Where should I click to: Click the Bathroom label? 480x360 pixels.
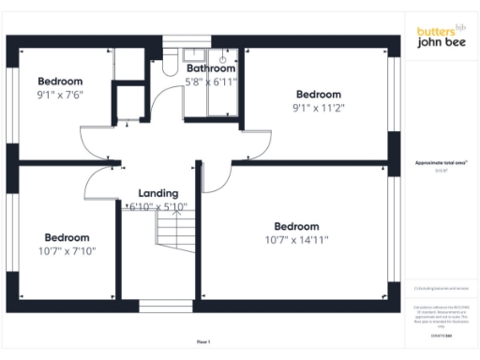click(x=210, y=68)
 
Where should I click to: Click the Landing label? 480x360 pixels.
click(x=144, y=193)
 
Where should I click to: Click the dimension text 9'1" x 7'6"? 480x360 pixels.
click(x=60, y=95)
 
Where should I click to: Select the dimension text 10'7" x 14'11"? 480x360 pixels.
click(x=296, y=239)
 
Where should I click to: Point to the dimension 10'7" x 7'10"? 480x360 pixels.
click(x=67, y=250)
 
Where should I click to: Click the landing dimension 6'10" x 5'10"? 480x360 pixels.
click(x=157, y=206)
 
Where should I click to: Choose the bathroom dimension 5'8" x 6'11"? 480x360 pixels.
click(x=210, y=82)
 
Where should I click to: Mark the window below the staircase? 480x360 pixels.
click(x=157, y=306)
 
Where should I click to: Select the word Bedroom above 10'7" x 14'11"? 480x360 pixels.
click(x=296, y=226)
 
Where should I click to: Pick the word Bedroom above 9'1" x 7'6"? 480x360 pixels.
click(x=60, y=82)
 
